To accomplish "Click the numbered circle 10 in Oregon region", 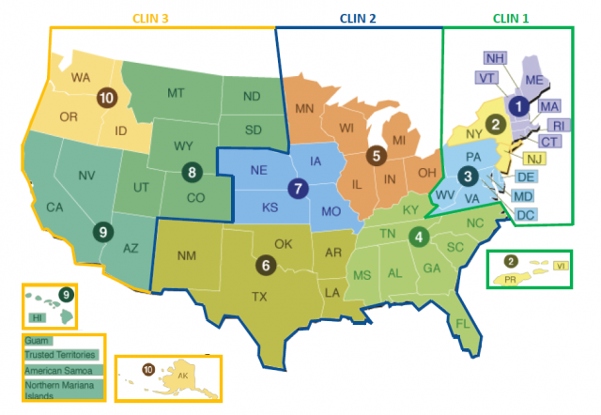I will click(106, 96).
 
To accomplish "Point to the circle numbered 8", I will click(191, 172).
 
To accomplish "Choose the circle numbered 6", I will click(267, 264).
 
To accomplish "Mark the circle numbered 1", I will click(516, 106).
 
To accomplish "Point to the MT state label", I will click(176, 94).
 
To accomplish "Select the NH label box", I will click(496, 58).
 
